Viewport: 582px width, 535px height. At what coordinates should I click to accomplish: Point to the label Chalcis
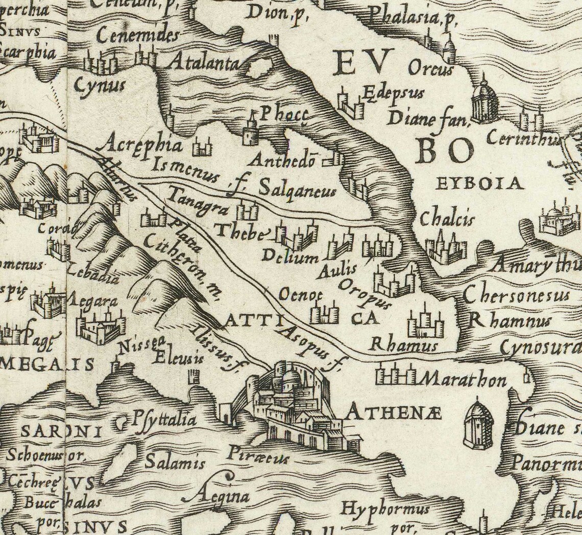[x=447, y=219]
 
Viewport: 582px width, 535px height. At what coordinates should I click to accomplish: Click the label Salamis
[x=175, y=463]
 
